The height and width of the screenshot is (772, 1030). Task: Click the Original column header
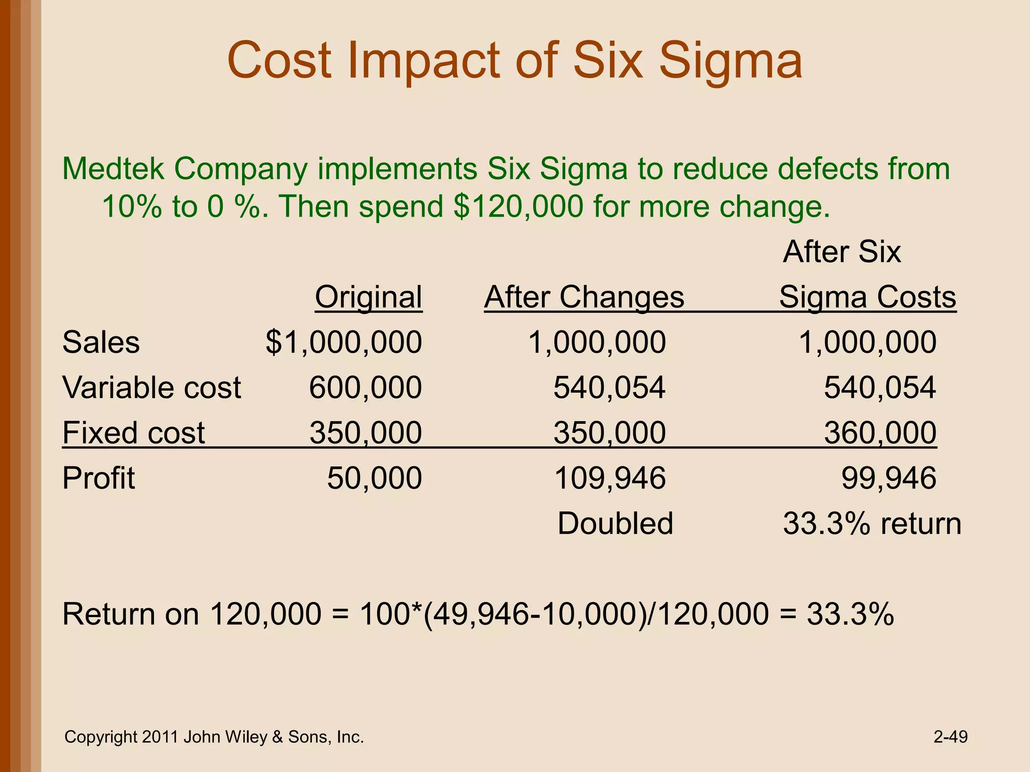[368, 297]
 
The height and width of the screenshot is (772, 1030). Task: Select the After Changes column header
[584, 297]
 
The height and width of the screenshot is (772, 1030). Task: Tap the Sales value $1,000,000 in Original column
[344, 342]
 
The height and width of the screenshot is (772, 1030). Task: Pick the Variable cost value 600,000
[365, 388]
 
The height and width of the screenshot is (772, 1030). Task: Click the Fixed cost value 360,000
[880, 433]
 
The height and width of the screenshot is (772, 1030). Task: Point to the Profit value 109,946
[610, 478]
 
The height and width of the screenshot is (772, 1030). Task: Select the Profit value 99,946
[889, 478]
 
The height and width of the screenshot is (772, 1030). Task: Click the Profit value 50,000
[374, 478]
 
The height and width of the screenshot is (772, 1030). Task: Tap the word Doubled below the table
[615, 523]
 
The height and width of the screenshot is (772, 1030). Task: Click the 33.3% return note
[872, 523]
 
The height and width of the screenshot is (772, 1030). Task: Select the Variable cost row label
[151, 388]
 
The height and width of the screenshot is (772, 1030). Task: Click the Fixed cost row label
[133, 433]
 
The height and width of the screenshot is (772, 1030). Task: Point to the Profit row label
[99, 478]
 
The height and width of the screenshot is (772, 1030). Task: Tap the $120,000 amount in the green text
[518, 207]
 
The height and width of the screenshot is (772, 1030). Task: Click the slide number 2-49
[950, 737]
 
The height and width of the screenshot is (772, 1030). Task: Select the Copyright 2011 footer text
[214, 737]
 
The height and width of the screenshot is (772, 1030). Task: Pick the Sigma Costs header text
[867, 297]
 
